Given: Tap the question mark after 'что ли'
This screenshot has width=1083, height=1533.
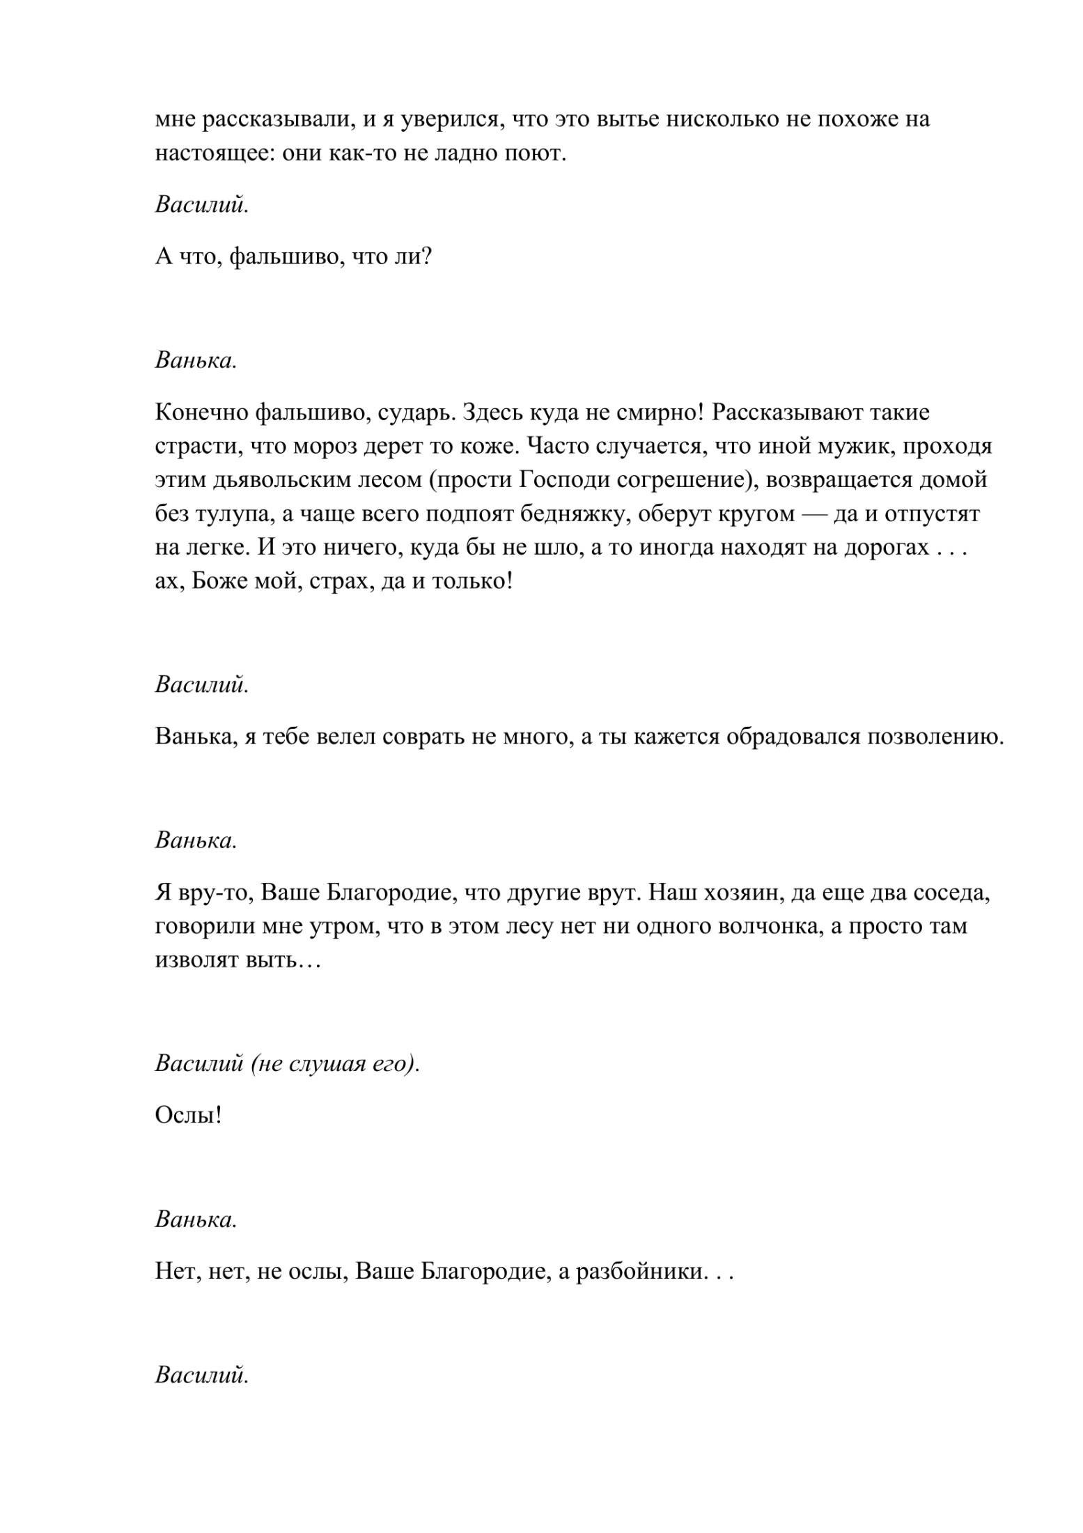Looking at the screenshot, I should (x=426, y=257).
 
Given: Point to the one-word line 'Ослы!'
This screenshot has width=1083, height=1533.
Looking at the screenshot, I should (x=188, y=1116).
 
